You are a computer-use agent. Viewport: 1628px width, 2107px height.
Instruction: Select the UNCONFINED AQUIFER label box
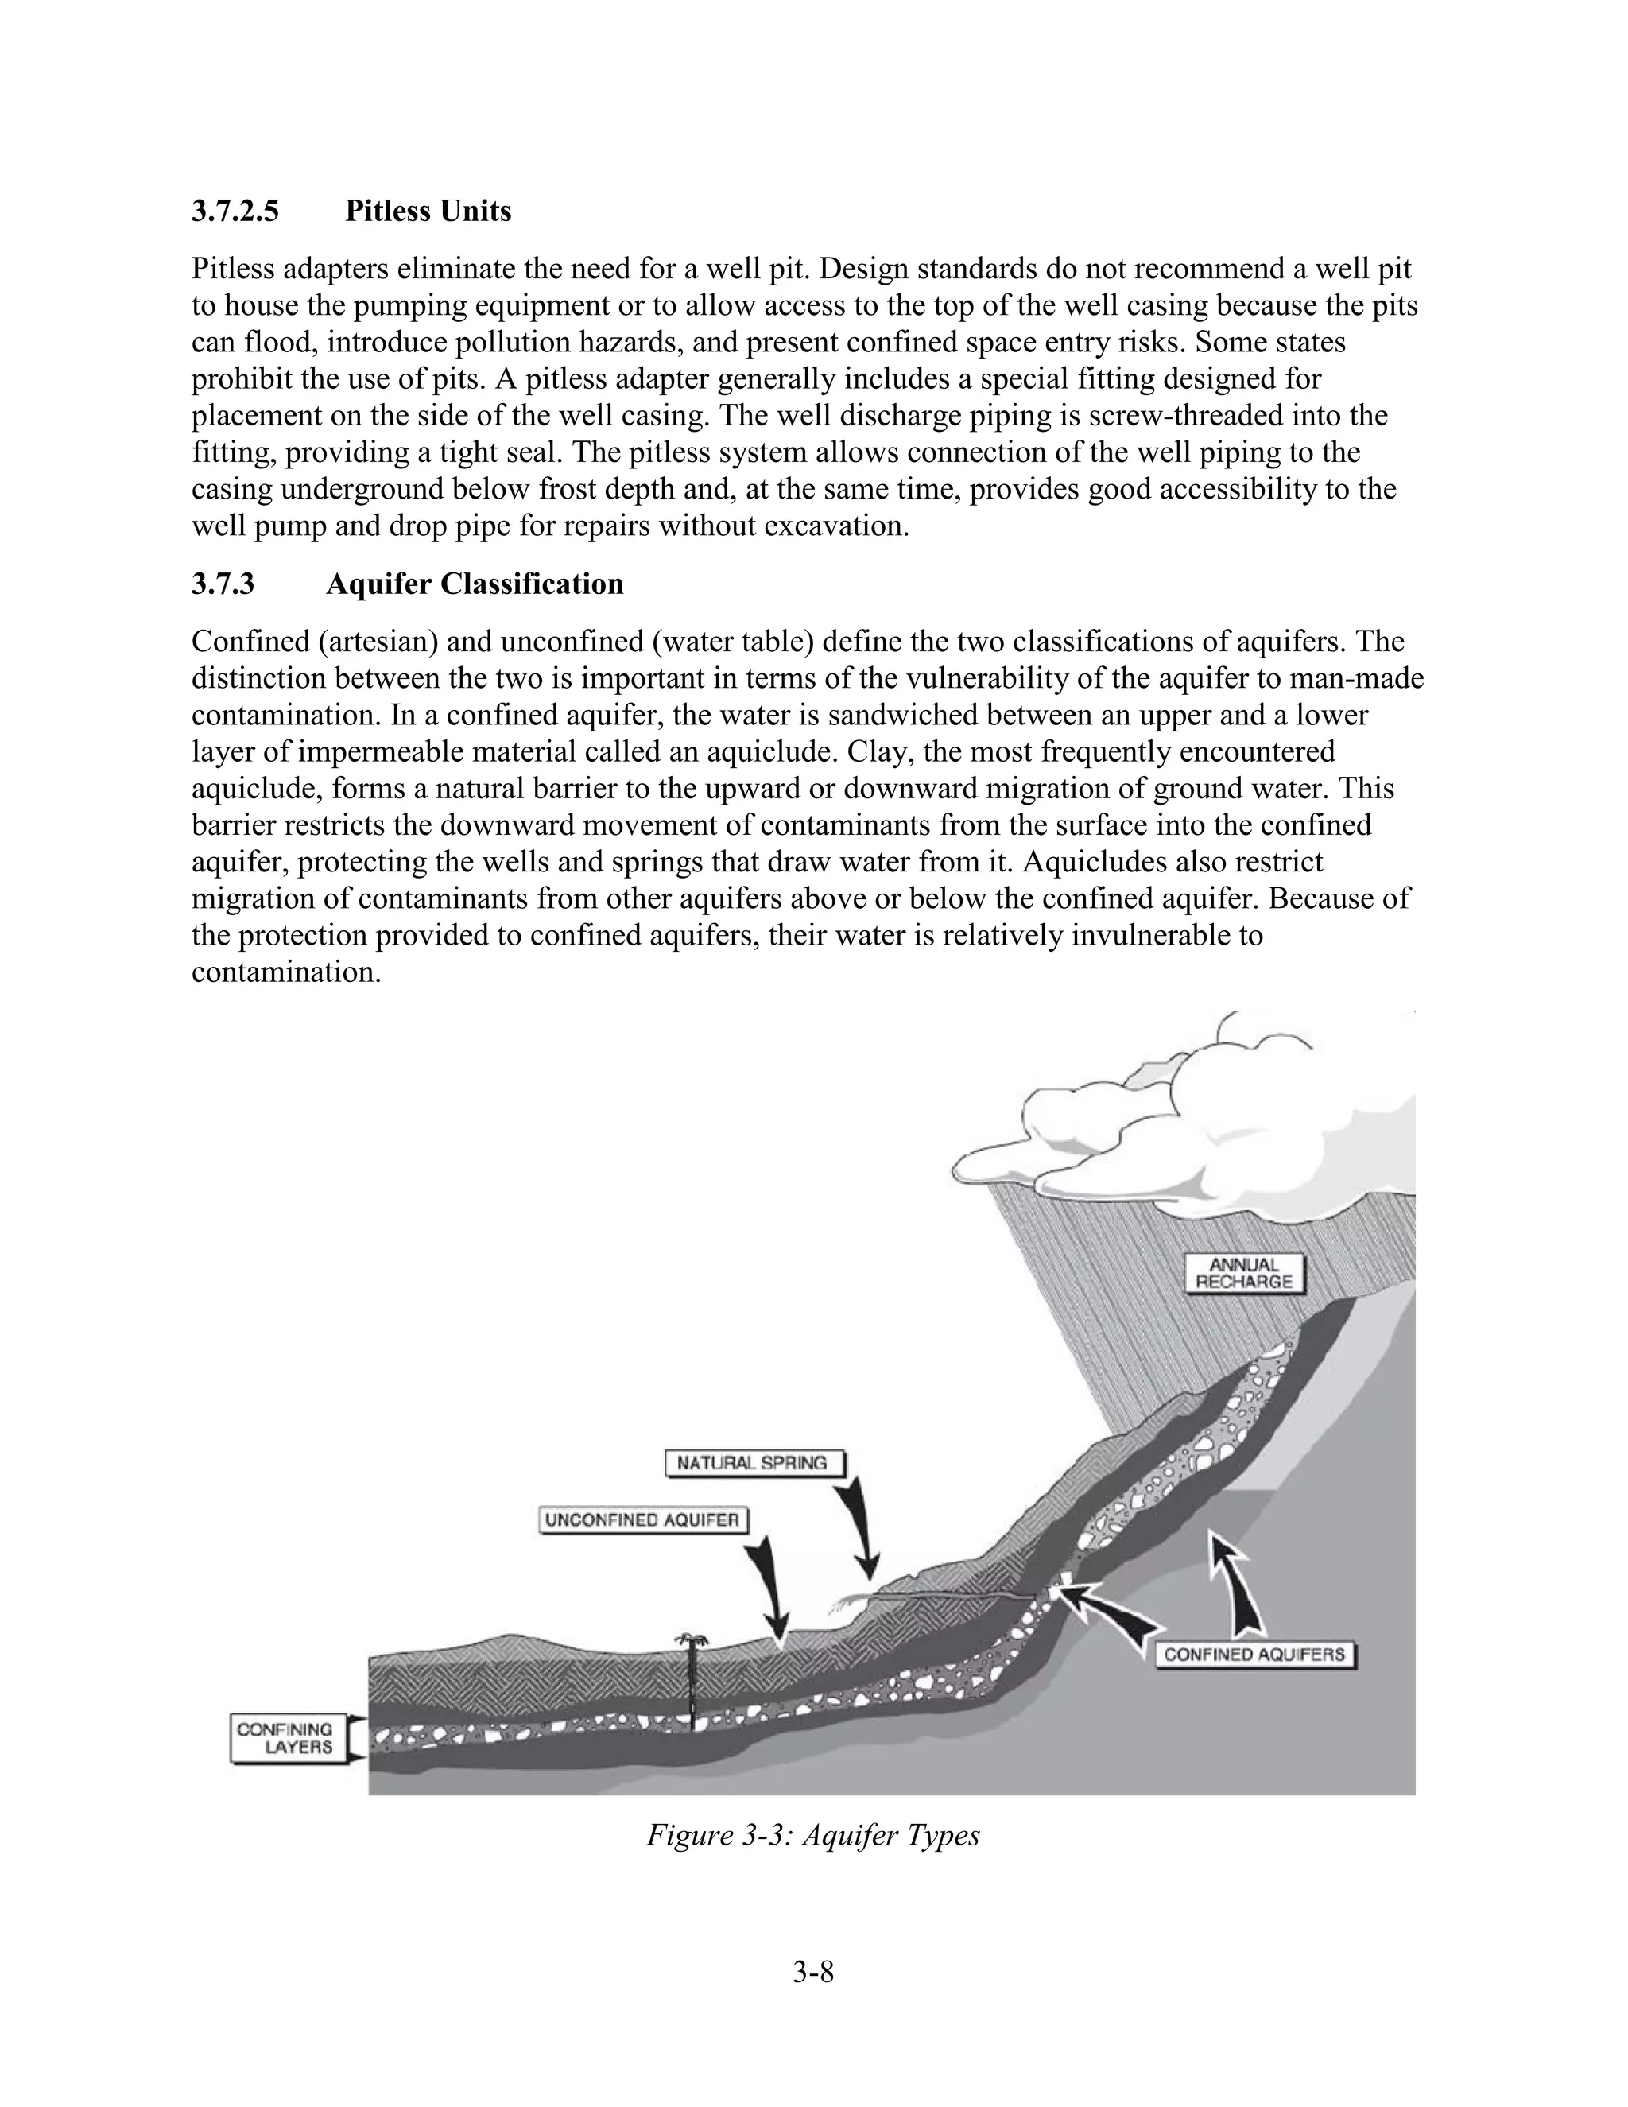click(642, 1520)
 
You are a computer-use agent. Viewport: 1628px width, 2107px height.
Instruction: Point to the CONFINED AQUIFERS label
click(1254, 1655)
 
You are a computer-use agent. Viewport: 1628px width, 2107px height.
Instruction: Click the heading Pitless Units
click(428, 211)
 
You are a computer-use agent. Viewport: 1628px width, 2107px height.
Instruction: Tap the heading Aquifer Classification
click(475, 584)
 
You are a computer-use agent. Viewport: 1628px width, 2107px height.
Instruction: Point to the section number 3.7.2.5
click(235, 211)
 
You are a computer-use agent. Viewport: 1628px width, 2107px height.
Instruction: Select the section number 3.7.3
click(223, 584)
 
